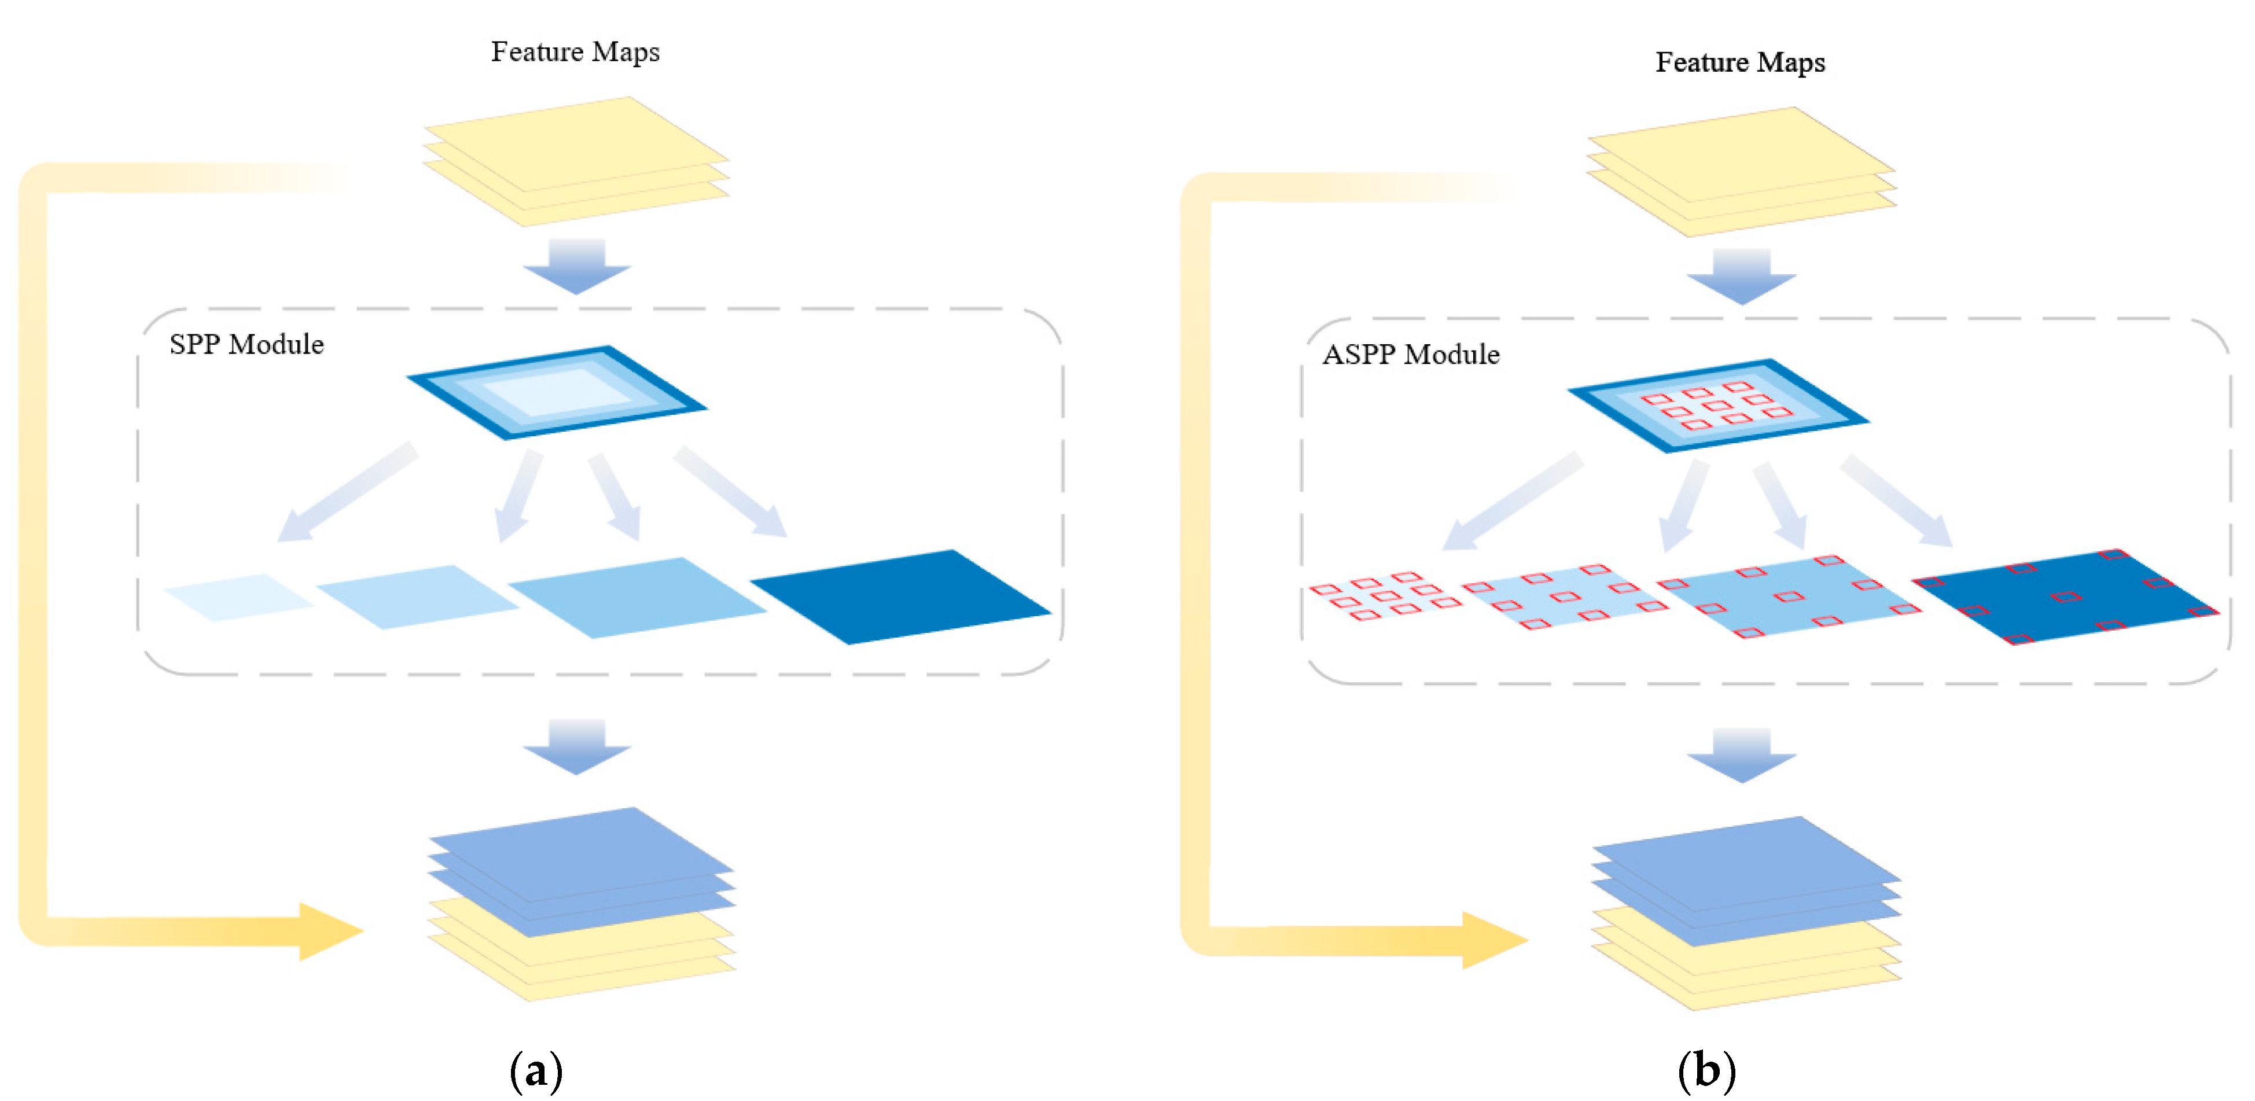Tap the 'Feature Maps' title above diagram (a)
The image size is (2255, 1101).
click(x=575, y=51)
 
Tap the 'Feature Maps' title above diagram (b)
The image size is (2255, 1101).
click(x=1739, y=62)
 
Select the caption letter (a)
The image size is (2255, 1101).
click(x=536, y=1070)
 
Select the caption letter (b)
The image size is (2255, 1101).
click(x=1706, y=1070)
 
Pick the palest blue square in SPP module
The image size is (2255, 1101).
click(x=238, y=597)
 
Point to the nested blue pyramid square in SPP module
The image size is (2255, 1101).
click(x=557, y=391)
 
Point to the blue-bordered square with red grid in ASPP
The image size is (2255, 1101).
click(x=1717, y=404)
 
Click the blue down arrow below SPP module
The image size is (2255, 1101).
click(x=577, y=746)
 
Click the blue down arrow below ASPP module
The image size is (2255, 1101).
click(x=1741, y=755)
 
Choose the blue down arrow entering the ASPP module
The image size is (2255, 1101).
click(x=1741, y=276)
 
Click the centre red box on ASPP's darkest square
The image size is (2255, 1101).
click(x=2066, y=597)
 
